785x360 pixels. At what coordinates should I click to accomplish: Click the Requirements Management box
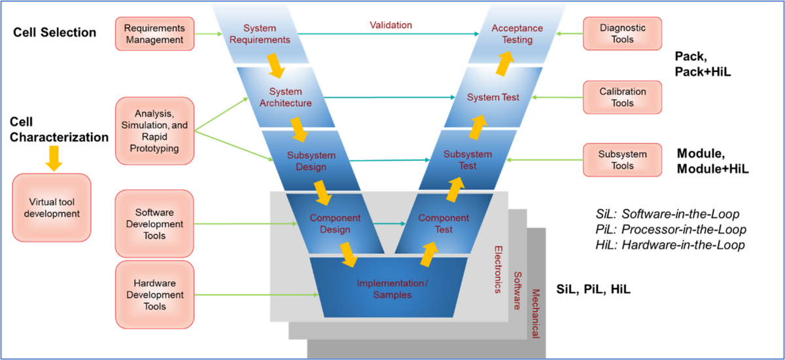(x=154, y=34)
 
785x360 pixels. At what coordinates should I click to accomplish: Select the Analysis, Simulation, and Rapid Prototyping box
(x=154, y=131)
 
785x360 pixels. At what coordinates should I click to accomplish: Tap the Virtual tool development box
(x=52, y=207)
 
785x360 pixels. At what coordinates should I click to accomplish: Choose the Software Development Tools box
(x=154, y=224)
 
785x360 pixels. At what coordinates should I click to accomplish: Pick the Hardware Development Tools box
(x=154, y=295)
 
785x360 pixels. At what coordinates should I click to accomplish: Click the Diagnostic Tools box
(x=622, y=33)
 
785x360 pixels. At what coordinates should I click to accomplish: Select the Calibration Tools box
(x=622, y=98)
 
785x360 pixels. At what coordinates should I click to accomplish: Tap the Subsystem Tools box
(x=622, y=160)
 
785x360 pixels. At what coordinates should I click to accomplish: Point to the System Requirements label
(x=260, y=34)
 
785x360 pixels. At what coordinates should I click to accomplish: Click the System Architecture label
(x=285, y=98)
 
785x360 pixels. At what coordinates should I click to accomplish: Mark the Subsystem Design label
(x=311, y=161)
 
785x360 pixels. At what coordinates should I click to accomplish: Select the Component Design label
(x=335, y=224)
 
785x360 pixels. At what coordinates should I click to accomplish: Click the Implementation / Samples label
(x=392, y=289)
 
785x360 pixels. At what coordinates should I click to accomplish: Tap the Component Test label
(x=444, y=224)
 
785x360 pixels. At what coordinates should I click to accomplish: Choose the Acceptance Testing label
(x=517, y=34)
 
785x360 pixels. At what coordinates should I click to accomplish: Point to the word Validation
(x=391, y=26)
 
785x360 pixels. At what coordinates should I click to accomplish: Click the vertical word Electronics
(x=498, y=269)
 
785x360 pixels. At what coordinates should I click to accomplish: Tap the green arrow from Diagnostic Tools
(x=567, y=33)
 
